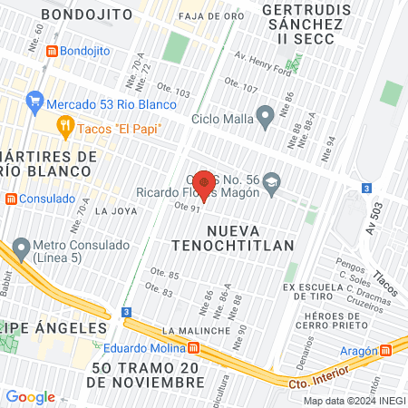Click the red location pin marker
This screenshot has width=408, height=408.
pyautogui.click(x=205, y=184)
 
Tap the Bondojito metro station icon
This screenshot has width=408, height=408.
pyautogui.click(x=53, y=51)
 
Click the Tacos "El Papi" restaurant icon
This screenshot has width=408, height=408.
pyautogui.click(x=65, y=127)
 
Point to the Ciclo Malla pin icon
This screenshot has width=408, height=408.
pyautogui.click(x=266, y=115)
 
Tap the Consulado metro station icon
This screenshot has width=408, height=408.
pyautogui.click(x=11, y=198)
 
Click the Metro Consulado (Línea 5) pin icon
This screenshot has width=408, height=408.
pyautogui.click(x=20, y=247)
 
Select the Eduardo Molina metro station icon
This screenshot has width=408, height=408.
pyautogui.click(x=194, y=348)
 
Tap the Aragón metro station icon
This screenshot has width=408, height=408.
pyautogui.click(x=387, y=349)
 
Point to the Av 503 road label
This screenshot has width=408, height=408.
pyautogui.click(x=380, y=224)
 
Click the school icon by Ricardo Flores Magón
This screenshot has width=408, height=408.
pyautogui.click(x=271, y=183)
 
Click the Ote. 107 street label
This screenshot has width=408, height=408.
pyautogui.click(x=240, y=88)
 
